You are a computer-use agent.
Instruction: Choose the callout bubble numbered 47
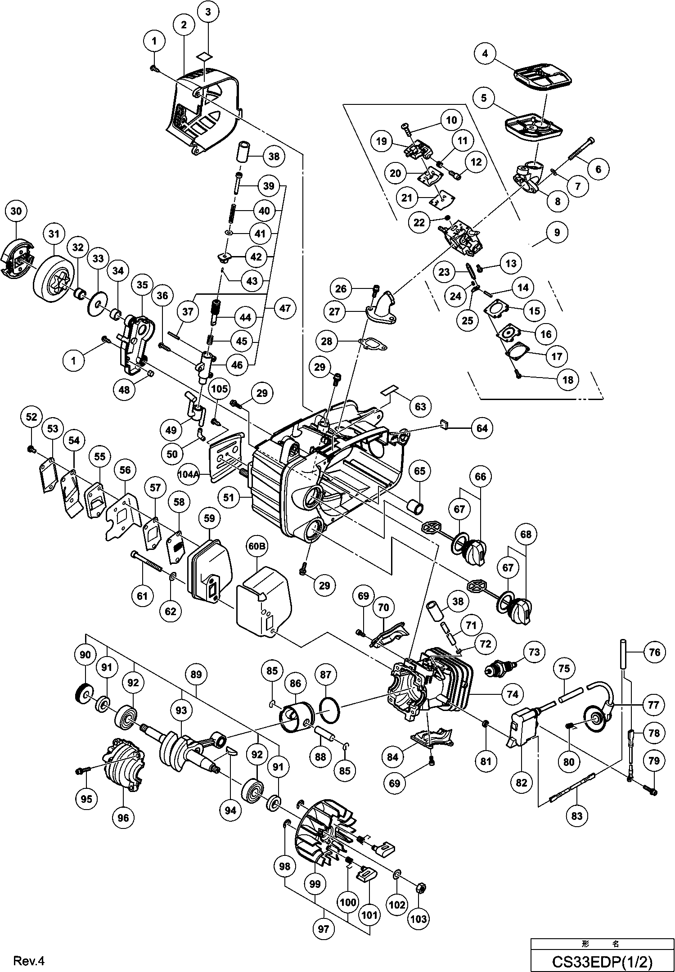click(285, 308)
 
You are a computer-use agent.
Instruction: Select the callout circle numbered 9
click(558, 232)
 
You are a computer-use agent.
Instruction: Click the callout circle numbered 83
click(577, 816)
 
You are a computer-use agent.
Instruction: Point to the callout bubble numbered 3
click(208, 13)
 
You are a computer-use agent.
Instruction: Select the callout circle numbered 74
click(513, 694)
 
